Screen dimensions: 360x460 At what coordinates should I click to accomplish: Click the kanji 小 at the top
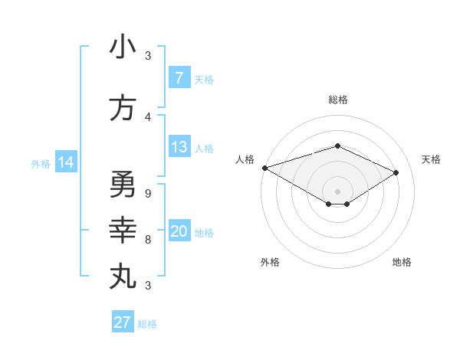click(x=123, y=47)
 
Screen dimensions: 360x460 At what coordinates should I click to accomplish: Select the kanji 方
click(x=123, y=109)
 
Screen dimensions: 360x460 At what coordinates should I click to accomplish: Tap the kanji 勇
click(x=123, y=185)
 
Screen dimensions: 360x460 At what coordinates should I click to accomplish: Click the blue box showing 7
click(x=179, y=78)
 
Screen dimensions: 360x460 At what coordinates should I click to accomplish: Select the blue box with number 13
click(x=179, y=147)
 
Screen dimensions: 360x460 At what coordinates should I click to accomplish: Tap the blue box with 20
click(x=179, y=231)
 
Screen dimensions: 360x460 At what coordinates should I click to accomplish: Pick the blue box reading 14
click(x=65, y=162)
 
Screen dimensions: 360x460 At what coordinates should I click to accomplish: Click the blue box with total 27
click(x=123, y=322)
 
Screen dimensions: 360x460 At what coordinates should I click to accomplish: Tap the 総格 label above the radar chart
click(x=337, y=100)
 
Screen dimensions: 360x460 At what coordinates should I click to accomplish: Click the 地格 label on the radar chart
click(x=402, y=262)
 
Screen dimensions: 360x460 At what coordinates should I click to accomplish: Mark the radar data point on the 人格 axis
click(x=264, y=168)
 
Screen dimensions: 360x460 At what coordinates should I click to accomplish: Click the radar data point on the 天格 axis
click(x=396, y=173)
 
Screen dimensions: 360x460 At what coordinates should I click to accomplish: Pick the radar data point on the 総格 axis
click(x=337, y=146)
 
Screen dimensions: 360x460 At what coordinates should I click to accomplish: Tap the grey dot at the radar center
click(x=337, y=190)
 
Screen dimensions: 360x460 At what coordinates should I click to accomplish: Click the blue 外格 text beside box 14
click(x=41, y=163)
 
